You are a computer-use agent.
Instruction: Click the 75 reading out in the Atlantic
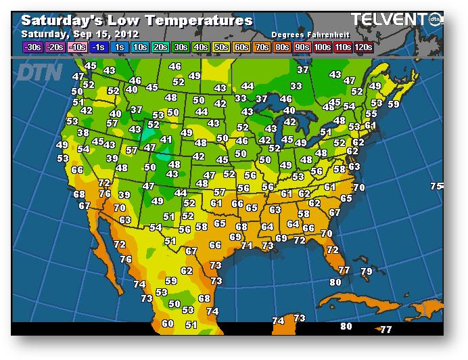436,186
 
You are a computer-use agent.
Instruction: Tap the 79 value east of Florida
366,271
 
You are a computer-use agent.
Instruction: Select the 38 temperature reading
83,133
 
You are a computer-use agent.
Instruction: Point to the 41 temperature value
166,139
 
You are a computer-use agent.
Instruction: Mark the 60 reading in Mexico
168,323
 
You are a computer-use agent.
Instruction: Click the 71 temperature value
246,246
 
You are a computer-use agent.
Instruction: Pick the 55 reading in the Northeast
371,114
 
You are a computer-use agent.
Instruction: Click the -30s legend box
32,47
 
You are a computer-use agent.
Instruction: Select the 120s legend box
363,47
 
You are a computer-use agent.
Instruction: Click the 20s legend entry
160,47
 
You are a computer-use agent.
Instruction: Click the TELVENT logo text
389,19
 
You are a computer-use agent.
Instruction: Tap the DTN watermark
39,72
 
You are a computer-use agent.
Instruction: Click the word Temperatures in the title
199,21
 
